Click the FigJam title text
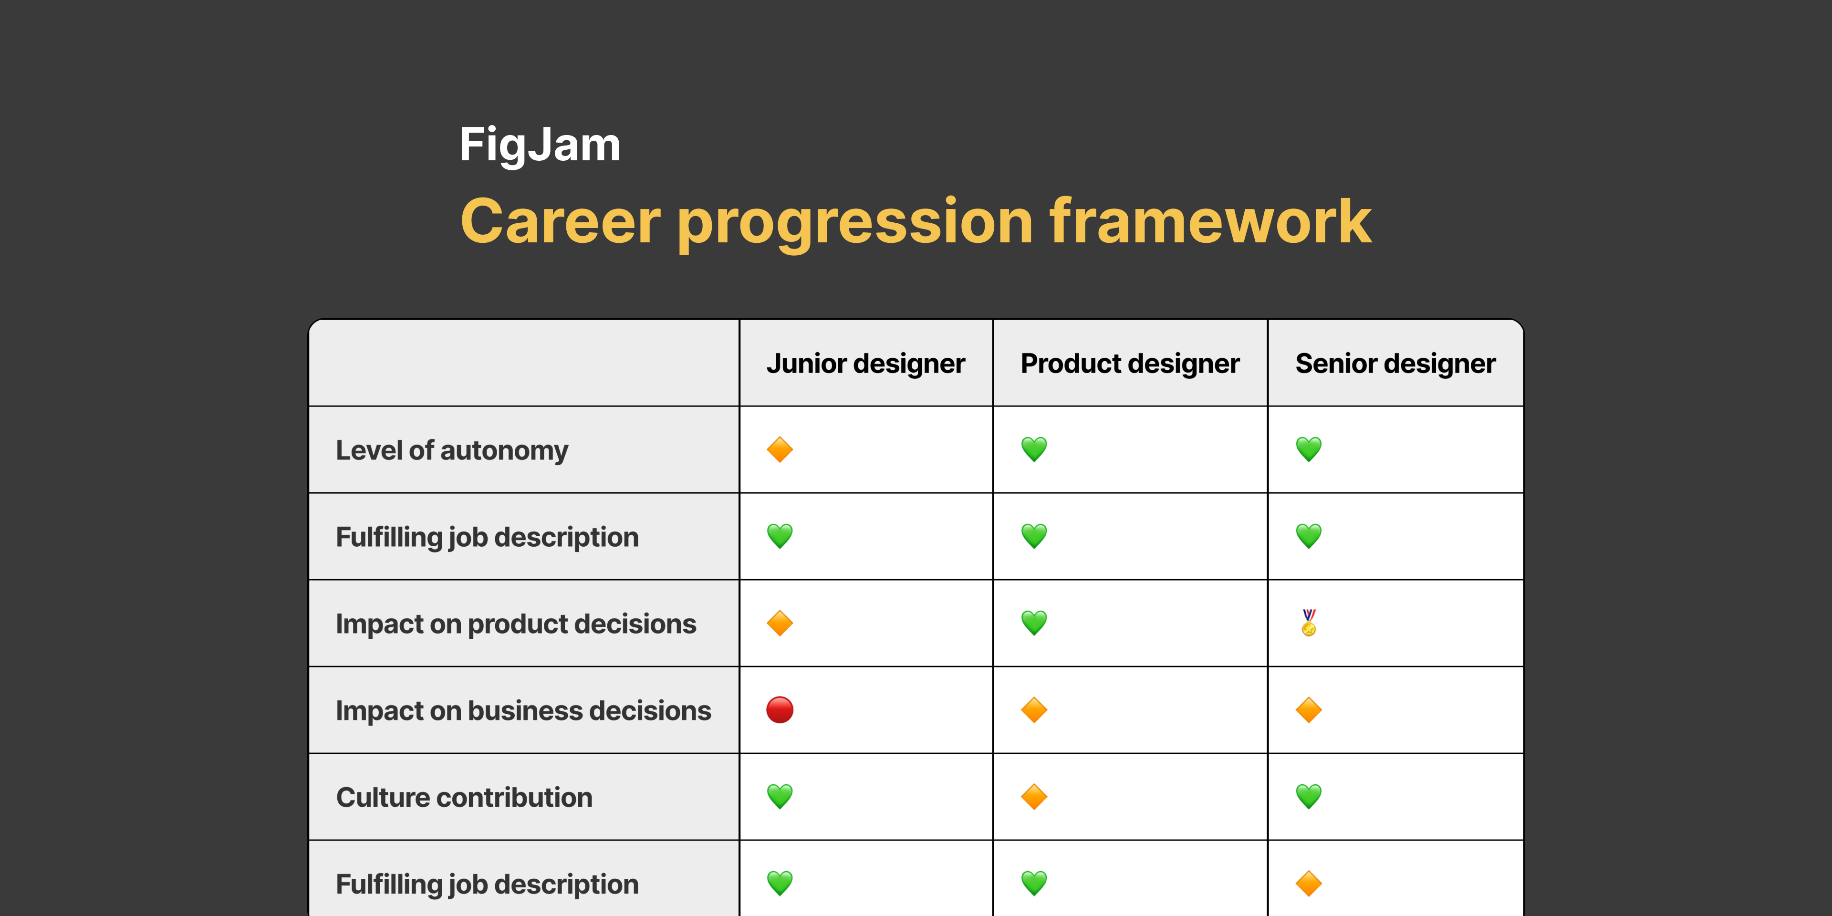pos(540,145)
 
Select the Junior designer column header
pos(865,364)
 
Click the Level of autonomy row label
pos(452,450)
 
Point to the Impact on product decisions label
pos(516,624)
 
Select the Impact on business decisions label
pos(523,710)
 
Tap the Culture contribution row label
pos(464,797)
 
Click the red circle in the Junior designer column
pos(780,710)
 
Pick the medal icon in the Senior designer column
pos(1309,623)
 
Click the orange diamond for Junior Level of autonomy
pos(780,449)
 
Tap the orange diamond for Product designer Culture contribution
pos(1033,797)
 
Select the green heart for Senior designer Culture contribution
pos(1309,797)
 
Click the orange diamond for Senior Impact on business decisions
pos(1309,710)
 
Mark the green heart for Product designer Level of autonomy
pos(1033,449)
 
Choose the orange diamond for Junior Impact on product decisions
pos(780,623)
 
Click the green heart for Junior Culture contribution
pos(780,797)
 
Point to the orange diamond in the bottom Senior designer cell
pos(1309,883)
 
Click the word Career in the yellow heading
pos(561,221)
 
